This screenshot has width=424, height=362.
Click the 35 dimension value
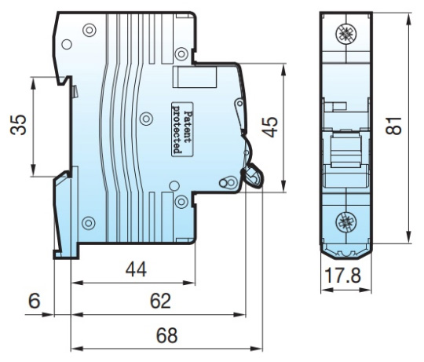(18, 125)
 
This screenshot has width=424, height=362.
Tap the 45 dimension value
(269, 126)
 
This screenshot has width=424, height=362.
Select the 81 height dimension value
(393, 126)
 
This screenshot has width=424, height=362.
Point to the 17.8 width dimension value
(342, 276)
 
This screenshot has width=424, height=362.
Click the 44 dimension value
(136, 269)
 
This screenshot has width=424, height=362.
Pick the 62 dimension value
(160, 301)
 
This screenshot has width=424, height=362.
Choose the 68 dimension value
(166, 335)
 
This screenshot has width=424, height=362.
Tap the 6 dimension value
(35, 301)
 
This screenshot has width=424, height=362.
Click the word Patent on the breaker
(188, 126)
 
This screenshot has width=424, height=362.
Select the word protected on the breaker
(177, 129)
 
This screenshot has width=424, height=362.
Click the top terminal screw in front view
(345, 34)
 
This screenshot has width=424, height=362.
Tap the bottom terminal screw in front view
(345, 221)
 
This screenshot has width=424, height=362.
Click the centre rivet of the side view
(146, 119)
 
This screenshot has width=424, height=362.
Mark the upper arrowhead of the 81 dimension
(410, 18)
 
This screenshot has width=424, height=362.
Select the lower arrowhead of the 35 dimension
(33, 170)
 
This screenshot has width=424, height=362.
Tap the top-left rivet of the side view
(90, 30)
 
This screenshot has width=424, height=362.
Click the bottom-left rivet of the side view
(88, 223)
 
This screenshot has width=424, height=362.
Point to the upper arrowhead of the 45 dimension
(283, 70)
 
